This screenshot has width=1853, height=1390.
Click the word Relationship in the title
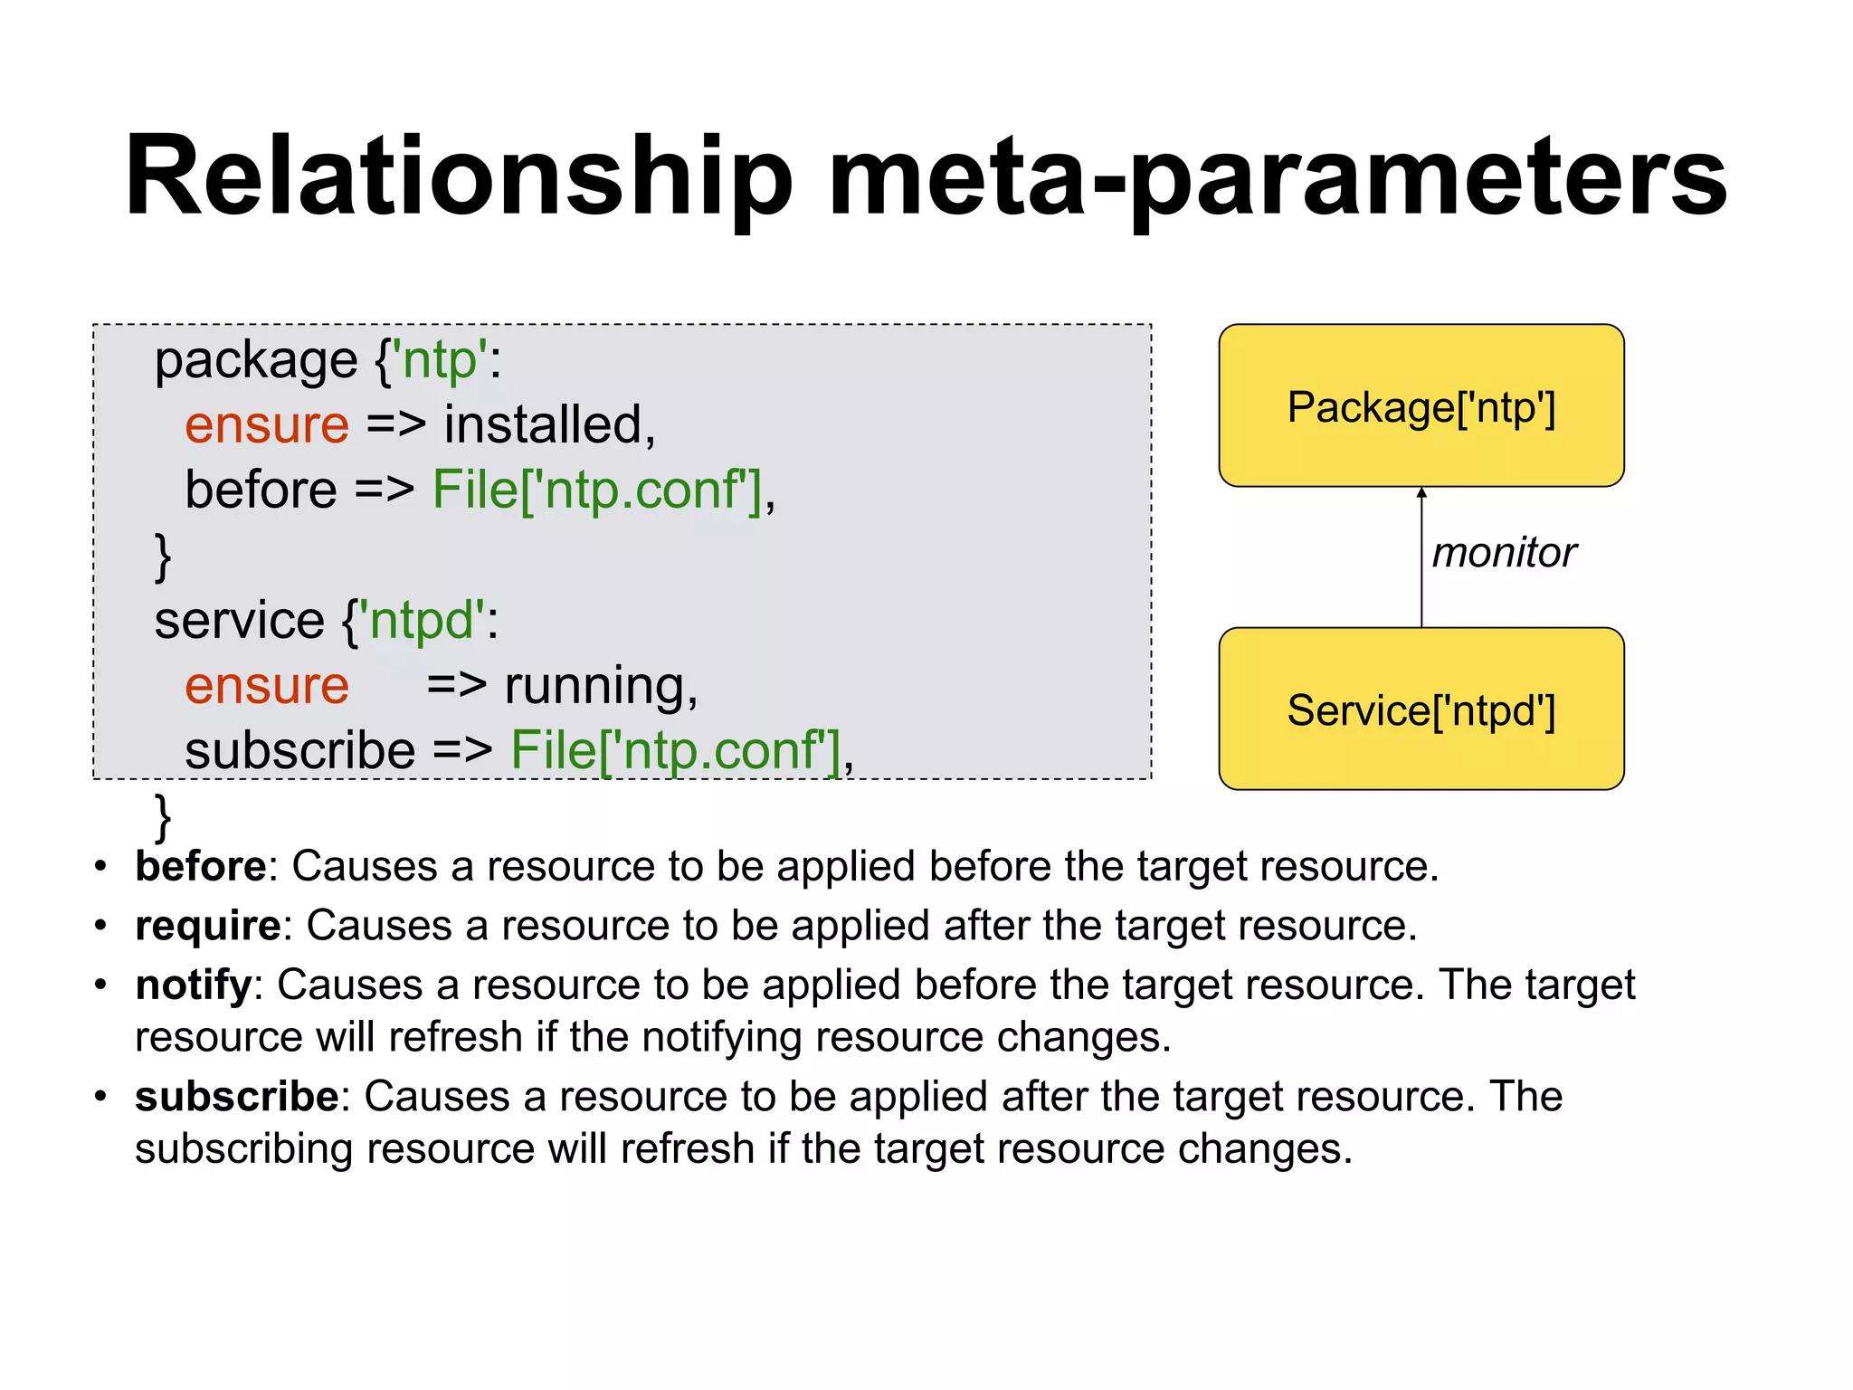[458, 176]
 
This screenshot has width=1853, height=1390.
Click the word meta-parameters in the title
[1276, 176]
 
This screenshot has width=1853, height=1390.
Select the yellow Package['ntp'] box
[1421, 406]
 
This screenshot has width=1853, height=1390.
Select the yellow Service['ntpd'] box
[1421, 709]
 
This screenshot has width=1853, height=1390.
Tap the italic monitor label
[1504, 553]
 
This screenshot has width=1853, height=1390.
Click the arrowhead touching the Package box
[1421, 493]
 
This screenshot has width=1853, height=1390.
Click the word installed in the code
[543, 424]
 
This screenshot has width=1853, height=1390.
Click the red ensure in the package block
[266, 424]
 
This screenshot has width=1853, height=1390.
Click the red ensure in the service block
[266, 685]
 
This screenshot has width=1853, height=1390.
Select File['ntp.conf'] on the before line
[597, 490]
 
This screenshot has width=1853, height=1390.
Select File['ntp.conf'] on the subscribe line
[676, 750]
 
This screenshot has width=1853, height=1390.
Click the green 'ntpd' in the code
[422, 621]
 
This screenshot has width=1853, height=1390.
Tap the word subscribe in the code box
[299, 750]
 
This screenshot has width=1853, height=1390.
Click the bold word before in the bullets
[200, 866]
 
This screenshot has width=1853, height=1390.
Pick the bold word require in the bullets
[208, 925]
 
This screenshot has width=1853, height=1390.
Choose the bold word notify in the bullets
[193, 985]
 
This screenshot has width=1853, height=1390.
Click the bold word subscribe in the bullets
[236, 1097]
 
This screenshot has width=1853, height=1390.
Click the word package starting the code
[256, 360]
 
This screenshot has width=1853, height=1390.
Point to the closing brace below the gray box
[163, 816]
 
